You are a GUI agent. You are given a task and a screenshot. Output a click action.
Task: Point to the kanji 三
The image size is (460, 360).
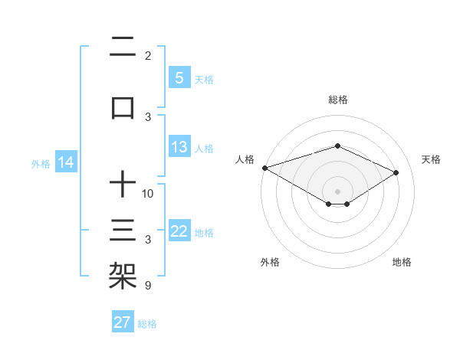click(123, 231)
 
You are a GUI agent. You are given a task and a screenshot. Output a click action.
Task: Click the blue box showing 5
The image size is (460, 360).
click(179, 78)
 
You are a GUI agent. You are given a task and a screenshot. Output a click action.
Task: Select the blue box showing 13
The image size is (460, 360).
click(179, 148)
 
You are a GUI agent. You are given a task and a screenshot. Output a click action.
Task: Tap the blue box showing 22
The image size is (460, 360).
click(179, 232)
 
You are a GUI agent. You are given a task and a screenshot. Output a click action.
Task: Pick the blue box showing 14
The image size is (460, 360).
click(66, 162)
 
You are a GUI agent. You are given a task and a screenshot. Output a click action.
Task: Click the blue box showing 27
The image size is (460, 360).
click(123, 322)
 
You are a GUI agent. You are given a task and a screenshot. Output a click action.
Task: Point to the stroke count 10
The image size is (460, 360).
click(148, 193)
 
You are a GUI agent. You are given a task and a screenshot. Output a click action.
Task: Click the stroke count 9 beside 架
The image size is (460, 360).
click(147, 286)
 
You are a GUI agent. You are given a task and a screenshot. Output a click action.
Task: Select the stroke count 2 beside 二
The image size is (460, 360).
click(147, 55)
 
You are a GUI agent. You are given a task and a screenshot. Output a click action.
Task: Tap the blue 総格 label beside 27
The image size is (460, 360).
click(147, 324)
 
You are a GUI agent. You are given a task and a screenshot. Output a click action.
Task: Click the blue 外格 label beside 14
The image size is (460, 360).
click(41, 163)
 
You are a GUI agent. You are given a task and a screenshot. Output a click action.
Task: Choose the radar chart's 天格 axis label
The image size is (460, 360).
click(432, 159)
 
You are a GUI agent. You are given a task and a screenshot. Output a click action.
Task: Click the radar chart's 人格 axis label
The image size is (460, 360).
click(245, 159)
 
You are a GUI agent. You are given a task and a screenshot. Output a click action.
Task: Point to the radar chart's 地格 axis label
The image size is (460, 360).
click(402, 263)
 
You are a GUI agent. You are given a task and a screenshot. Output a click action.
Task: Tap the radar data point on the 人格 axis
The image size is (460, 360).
click(264, 168)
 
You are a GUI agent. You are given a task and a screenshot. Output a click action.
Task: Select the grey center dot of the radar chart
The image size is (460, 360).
click(337, 191)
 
